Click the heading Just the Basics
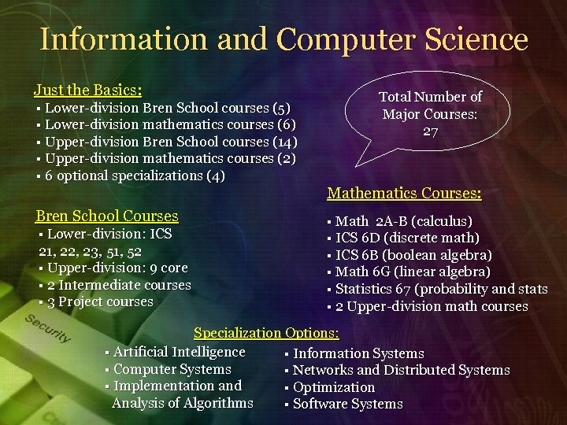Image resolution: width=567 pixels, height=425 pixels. click(x=87, y=90)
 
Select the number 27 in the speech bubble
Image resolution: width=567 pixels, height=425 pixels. click(x=430, y=131)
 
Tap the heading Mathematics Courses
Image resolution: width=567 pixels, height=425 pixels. click(x=404, y=193)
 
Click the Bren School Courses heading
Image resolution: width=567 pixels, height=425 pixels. click(x=107, y=216)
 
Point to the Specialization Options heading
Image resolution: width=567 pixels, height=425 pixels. click(x=266, y=334)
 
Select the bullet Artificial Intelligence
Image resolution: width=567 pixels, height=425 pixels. click(x=179, y=352)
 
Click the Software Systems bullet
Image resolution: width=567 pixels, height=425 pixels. click(x=347, y=405)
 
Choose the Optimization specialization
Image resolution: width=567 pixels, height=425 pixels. click(x=334, y=387)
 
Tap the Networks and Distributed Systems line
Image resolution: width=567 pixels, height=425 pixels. click(x=401, y=370)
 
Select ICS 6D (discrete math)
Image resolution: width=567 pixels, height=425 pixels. click(x=407, y=238)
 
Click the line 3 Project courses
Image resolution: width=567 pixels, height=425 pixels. click(x=100, y=302)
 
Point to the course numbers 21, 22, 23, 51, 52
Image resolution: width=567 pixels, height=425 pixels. click(x=91, y=251)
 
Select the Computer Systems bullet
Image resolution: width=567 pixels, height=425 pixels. click(x=172, y=369)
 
